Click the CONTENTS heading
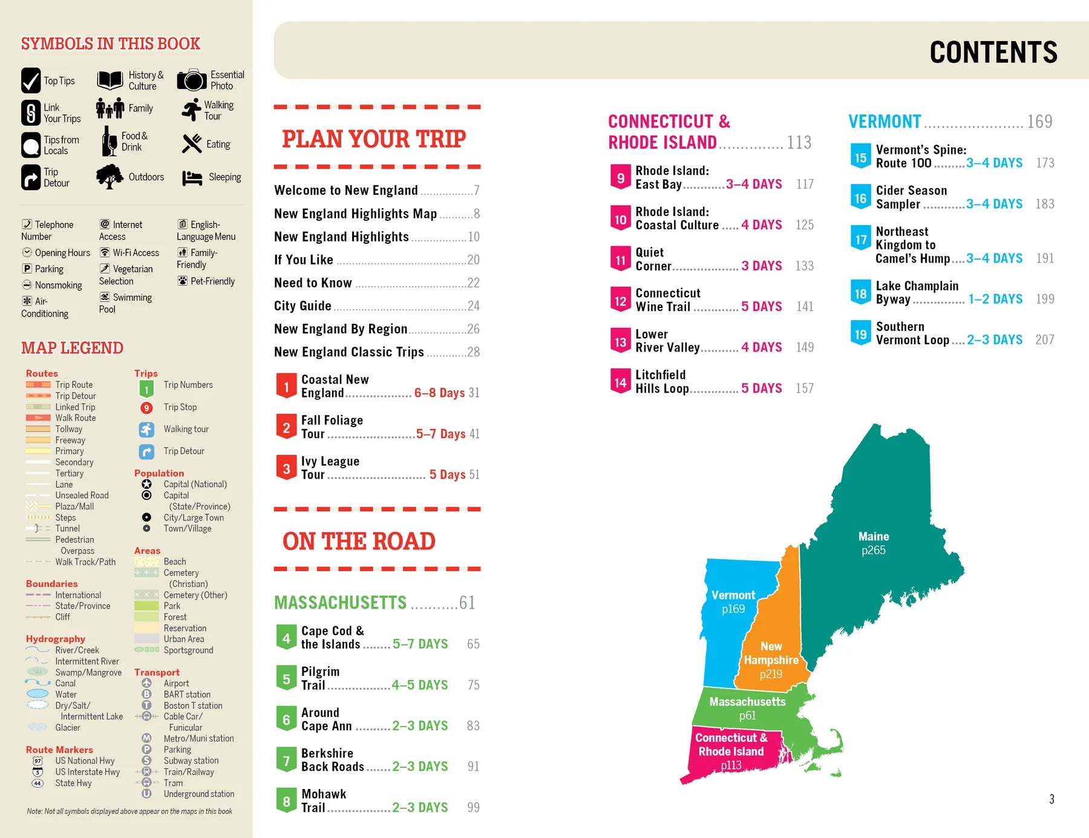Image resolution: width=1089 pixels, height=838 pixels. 993,53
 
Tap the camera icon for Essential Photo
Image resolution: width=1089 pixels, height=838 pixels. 192,80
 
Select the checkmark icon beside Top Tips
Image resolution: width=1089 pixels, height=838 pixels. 31,80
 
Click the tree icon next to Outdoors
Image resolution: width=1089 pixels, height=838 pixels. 110,177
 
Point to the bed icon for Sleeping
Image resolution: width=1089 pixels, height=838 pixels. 192,178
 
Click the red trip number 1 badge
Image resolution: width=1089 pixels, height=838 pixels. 286,387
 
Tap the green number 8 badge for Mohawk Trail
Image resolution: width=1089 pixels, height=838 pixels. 286,801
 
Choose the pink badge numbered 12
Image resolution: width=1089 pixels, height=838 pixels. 620,301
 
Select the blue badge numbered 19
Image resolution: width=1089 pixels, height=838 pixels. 860,334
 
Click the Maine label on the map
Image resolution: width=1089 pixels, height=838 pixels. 874,537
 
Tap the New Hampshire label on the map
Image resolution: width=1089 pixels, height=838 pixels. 771,653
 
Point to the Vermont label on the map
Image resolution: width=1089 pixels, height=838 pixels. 733,595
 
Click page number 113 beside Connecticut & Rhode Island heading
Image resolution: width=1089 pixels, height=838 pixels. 799,143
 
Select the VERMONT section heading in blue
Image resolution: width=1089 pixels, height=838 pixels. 885,122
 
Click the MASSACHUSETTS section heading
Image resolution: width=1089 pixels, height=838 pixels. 340,603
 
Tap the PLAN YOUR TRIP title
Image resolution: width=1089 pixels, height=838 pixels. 374,139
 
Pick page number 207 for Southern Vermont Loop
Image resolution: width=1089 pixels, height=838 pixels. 1045,340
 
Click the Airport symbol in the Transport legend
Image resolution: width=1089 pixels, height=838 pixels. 146,683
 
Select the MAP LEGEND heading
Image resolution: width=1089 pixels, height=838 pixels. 72,348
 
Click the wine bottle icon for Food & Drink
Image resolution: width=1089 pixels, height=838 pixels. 110,142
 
